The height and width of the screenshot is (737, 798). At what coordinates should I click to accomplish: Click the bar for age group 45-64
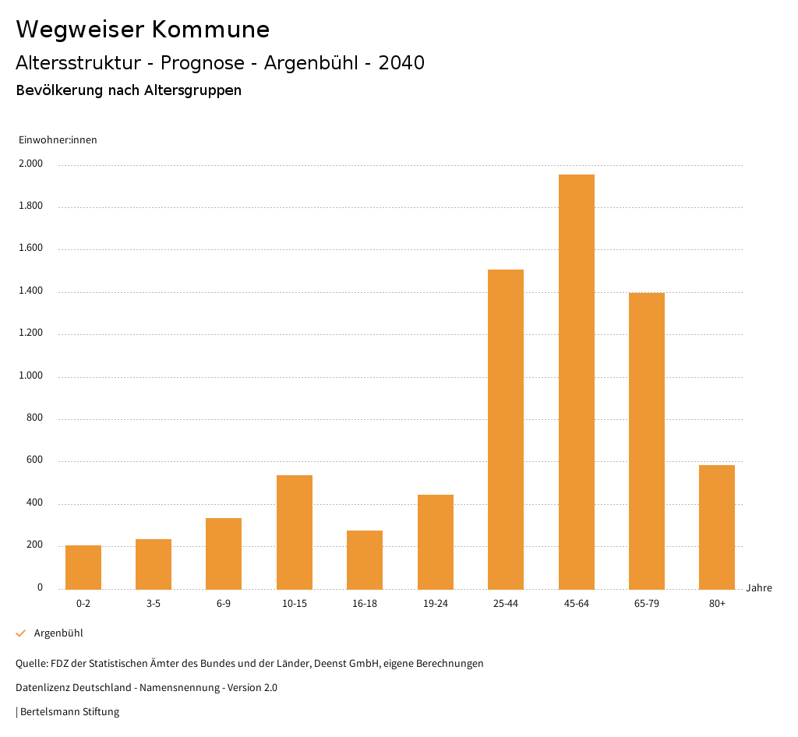pos(576,382)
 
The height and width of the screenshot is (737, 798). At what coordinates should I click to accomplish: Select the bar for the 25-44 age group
pos(506,429)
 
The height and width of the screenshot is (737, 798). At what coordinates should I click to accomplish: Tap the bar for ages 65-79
pos(646,441)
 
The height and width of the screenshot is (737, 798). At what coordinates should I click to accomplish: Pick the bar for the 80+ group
pos(716,527)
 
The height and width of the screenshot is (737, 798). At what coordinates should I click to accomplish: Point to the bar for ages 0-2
pos(83,567)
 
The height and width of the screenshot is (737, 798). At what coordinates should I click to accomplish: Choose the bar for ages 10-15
pos(295,532)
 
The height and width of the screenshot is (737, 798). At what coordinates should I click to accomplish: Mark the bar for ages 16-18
pos(365,559)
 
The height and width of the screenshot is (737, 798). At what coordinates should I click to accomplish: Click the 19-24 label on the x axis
pos(436,604)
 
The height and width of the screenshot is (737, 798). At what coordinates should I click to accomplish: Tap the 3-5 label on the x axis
pos(154,604)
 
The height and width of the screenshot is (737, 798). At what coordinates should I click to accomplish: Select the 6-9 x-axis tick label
pos(224,604)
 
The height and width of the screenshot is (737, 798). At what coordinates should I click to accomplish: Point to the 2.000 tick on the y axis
pos(31,164)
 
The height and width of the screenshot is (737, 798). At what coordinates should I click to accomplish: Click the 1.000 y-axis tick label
pos(31,376)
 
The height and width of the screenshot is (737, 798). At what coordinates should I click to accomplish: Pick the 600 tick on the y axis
pos(34,461)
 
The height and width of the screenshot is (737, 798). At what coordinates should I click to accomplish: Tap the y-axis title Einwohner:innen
pos(58,140)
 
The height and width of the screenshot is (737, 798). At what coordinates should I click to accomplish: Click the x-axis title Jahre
pos(758,588)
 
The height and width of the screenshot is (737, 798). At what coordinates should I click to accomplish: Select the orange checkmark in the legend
pos(21,633)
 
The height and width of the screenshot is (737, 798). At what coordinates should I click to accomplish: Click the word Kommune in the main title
pos(210,30)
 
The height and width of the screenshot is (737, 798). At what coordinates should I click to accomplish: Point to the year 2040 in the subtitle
pos(401,63)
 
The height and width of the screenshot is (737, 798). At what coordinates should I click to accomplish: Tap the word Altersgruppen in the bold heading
pos(192,90)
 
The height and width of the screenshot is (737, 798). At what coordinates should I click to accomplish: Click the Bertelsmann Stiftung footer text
pos(69,712)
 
